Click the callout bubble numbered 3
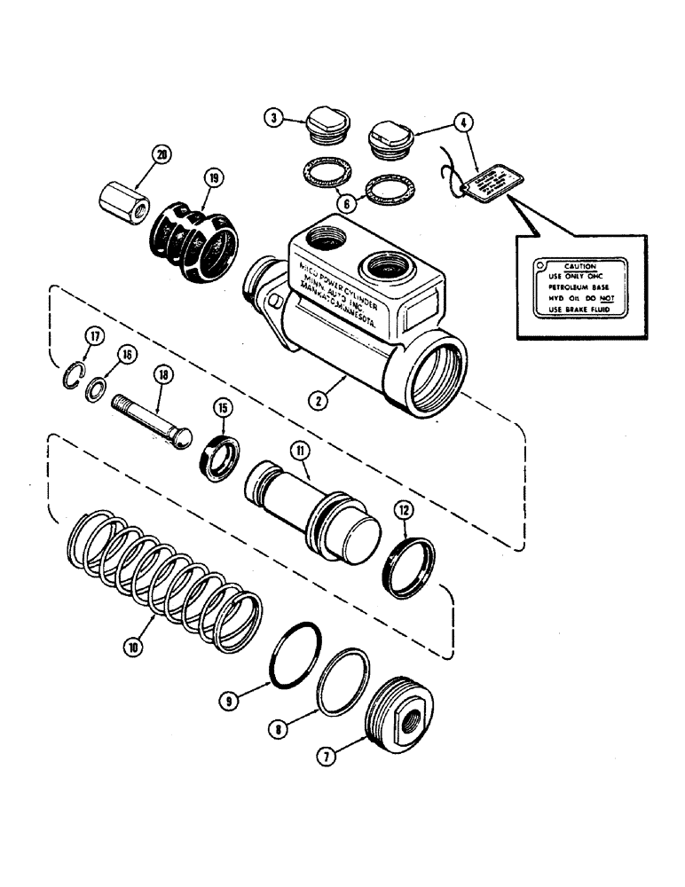click(275, 116)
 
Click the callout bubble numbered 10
click(133, 648)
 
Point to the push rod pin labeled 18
click(154, 420)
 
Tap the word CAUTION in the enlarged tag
click(583, 265)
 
